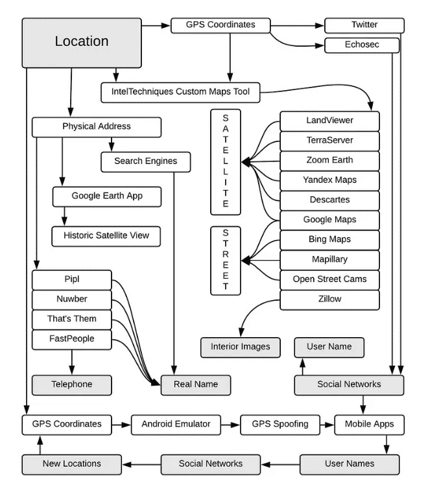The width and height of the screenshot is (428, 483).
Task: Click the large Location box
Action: click(82, 43)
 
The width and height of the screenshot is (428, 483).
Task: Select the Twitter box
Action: click(364, 25)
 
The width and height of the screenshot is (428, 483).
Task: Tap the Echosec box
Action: click(362, 45)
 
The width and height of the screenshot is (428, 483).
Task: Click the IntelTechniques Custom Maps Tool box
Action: click(180, 93)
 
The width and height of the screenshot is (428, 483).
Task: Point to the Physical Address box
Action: click(97, 127)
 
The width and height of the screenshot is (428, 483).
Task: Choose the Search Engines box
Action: click(145, 161)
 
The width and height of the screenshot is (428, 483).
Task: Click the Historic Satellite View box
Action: click(106, 236)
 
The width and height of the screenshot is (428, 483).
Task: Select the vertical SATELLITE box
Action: click(226, 162)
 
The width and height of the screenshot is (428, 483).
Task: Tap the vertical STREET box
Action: click(226, 261)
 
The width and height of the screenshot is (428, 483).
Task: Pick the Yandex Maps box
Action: click(329, 180)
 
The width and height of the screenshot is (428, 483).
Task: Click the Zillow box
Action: click(329, 300)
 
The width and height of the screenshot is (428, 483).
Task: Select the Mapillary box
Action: click(329, 260)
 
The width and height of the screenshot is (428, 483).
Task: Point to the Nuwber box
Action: click(72, 300)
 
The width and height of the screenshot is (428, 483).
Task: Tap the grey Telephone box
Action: click(72, 385)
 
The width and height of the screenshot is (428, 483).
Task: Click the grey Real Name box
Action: click(196, 385)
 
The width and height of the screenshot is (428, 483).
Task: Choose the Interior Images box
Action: click(241, 348)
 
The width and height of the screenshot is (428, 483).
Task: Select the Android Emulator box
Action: click(176, 425)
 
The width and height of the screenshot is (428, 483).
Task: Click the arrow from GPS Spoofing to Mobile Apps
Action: click(327, 425)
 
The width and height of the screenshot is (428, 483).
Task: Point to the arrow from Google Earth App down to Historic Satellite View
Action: click(64, 217)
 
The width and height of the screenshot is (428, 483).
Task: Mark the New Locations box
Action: click(72, 464)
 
